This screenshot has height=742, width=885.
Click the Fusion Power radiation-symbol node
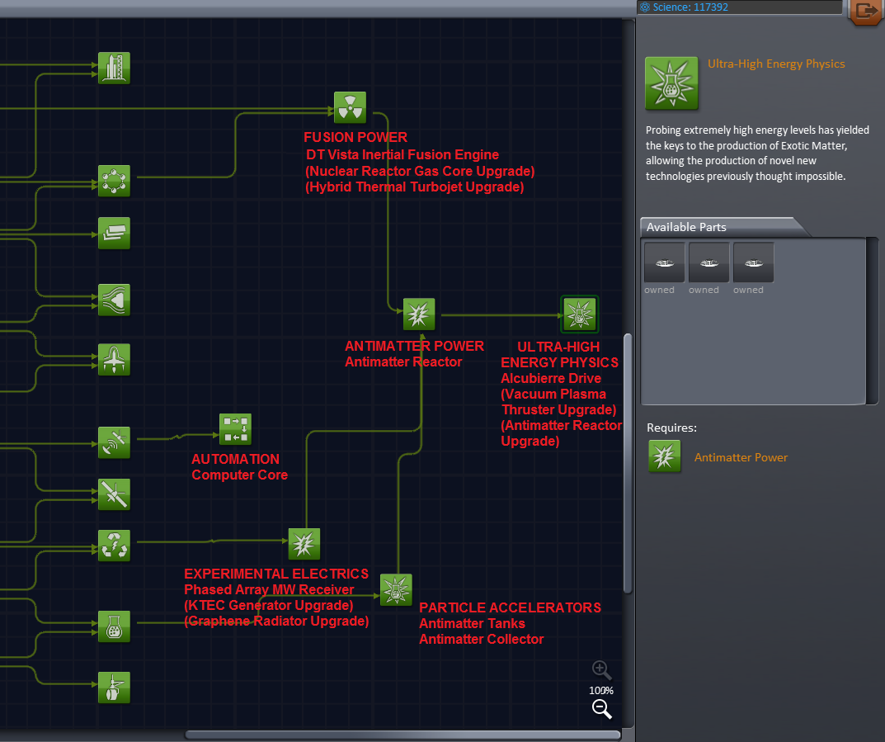click(x=350, y=107)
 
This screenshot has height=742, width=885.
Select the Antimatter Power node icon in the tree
click(x=419, y=314)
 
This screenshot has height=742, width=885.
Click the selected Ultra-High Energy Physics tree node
click(x=579, y=314)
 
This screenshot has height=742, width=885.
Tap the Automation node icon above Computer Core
click(x=235, y=429)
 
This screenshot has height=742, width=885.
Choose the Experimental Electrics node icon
click(x=304, y=544)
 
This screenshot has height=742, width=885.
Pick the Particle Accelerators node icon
click(x=396, y=589)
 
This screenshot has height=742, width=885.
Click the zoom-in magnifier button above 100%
click(x=601, y=670)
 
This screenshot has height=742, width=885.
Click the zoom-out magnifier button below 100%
click(x=601, y=708)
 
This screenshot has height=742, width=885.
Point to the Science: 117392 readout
click(x=690, y=7)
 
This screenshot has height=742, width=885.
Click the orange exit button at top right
click(x=866, y=11)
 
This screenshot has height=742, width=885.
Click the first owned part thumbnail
click(x=664, y=263)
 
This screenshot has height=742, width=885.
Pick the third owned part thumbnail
click(x=753, y=263)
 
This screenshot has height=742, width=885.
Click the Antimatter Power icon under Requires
click(x=665, y=456)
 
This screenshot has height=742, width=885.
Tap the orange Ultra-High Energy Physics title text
click(x=776, y=64)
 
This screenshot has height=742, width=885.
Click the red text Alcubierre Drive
click(x=551, y=378)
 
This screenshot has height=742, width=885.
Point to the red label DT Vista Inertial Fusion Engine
click(x=402, y=154)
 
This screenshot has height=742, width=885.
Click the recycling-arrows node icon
click(x=114, y=546)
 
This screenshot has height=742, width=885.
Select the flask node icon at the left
click(x=114, y=626)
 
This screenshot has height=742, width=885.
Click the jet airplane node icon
click(x=114, y=360)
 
